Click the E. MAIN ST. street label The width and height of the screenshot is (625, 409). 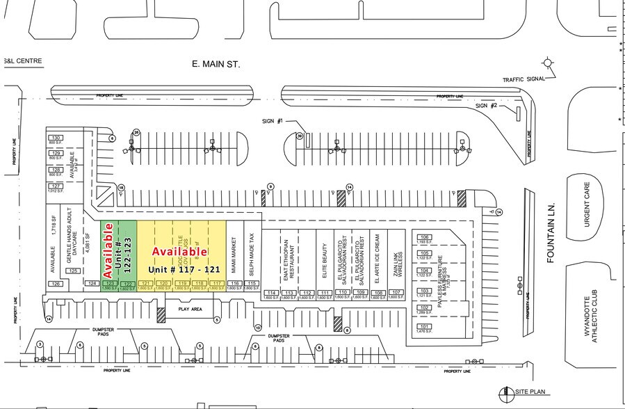216,64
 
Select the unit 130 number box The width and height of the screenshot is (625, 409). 56,138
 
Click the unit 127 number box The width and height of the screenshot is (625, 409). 56,186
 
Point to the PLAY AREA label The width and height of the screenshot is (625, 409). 189,309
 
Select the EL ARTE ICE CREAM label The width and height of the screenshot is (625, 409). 378,258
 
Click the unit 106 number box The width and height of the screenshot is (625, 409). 425,237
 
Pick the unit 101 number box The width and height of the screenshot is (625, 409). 425,326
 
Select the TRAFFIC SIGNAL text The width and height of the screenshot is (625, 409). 523,79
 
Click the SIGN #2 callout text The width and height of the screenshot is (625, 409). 486,106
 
